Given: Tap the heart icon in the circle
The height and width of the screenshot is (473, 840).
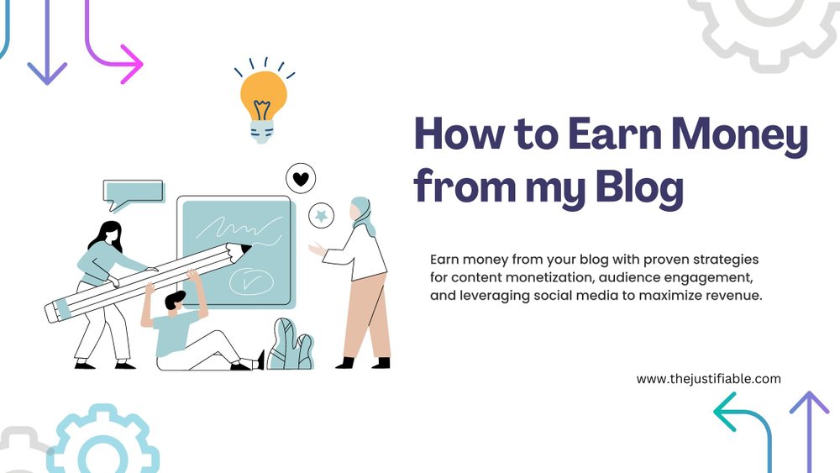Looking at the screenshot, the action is pyautogui.click(x=301, y=179).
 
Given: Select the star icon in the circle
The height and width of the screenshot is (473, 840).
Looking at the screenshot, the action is pyautogui.click(x=321, y=216).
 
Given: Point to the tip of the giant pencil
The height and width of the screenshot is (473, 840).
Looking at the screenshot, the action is pyautogui.click(x=250, y=248).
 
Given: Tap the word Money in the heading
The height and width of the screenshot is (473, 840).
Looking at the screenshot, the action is pyautogui.click(x=739, y=135).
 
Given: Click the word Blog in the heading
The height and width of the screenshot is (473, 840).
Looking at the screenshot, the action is pyautogui.click(x=639, y=187).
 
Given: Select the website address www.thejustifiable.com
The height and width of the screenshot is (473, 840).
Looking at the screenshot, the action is pyautogui.click(x=708, y=379).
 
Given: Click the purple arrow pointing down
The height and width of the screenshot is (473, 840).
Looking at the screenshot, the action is pyautogui.click(x=47, y=42).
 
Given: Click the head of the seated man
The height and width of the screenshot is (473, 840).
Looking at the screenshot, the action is pyautogui.click(x=175, y=302).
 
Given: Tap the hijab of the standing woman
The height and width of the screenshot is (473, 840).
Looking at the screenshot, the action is pyautogui.click(x=363, y=214).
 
